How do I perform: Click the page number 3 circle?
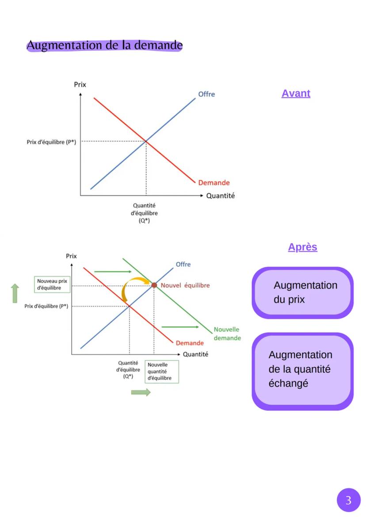[x=348, y=500]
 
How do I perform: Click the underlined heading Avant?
[x=296, y=93]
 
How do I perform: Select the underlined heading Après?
[x=302, y=247]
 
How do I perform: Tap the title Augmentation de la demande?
[x=104, y=45]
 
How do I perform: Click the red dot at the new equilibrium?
[x=154, y=285]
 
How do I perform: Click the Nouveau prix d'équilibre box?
[x=52, y=284]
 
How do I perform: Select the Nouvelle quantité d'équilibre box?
[x=162, y=372]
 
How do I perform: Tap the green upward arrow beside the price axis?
[x=15, y=293]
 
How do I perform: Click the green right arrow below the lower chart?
[x=141, y=392]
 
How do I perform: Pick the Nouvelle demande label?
[x=227, y=334]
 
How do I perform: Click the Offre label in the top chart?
[x=206, y=94]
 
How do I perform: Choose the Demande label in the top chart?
[x=214, y=183]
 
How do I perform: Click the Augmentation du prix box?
[x=302, y=292]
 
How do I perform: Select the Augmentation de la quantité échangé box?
[x=302, y=369]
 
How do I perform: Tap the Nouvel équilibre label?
[x=185, y=285]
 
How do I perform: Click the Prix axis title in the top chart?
[x=80, y=84]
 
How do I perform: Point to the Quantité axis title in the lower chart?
[x=195, y=354]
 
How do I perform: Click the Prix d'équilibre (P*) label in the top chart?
[x=52, y=142]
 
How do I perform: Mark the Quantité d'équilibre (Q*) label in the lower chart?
[x=128, y=370]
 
